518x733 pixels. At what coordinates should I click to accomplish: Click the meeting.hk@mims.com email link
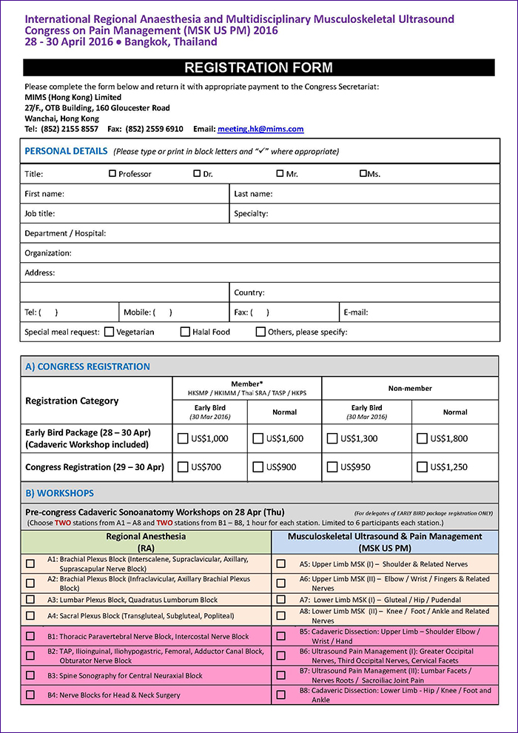click(260, 129)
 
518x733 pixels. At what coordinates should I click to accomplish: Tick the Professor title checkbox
click(112, 174)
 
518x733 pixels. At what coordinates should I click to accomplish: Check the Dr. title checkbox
click(197, 174)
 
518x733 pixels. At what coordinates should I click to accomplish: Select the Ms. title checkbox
click(363, 174)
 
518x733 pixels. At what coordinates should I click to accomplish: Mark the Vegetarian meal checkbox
click(110, 332)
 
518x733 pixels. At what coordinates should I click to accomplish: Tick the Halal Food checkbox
click(185, 332)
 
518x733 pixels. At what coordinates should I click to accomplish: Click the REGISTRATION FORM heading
click(258, 68)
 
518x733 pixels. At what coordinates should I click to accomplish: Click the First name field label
click(44, 194)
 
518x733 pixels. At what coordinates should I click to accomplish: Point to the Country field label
click(249, 292)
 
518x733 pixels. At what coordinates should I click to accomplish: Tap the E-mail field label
click(356, 312)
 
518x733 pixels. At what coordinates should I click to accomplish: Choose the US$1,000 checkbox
click(183, 438)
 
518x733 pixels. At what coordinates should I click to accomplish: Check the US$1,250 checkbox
click(422, 467)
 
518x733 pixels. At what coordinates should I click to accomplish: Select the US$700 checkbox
click(183, 467)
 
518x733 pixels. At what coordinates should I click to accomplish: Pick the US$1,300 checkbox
click(332, 438)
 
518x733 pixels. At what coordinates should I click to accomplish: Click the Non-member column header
click(410, 388)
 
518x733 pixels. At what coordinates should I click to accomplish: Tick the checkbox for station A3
click(30, 599)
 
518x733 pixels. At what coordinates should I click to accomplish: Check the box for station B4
click(30, 694)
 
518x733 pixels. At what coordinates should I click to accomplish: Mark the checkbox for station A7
click(281, 599)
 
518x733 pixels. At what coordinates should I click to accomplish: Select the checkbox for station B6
click(281, 656)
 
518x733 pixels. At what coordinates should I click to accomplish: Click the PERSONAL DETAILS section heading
click(66, 151)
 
